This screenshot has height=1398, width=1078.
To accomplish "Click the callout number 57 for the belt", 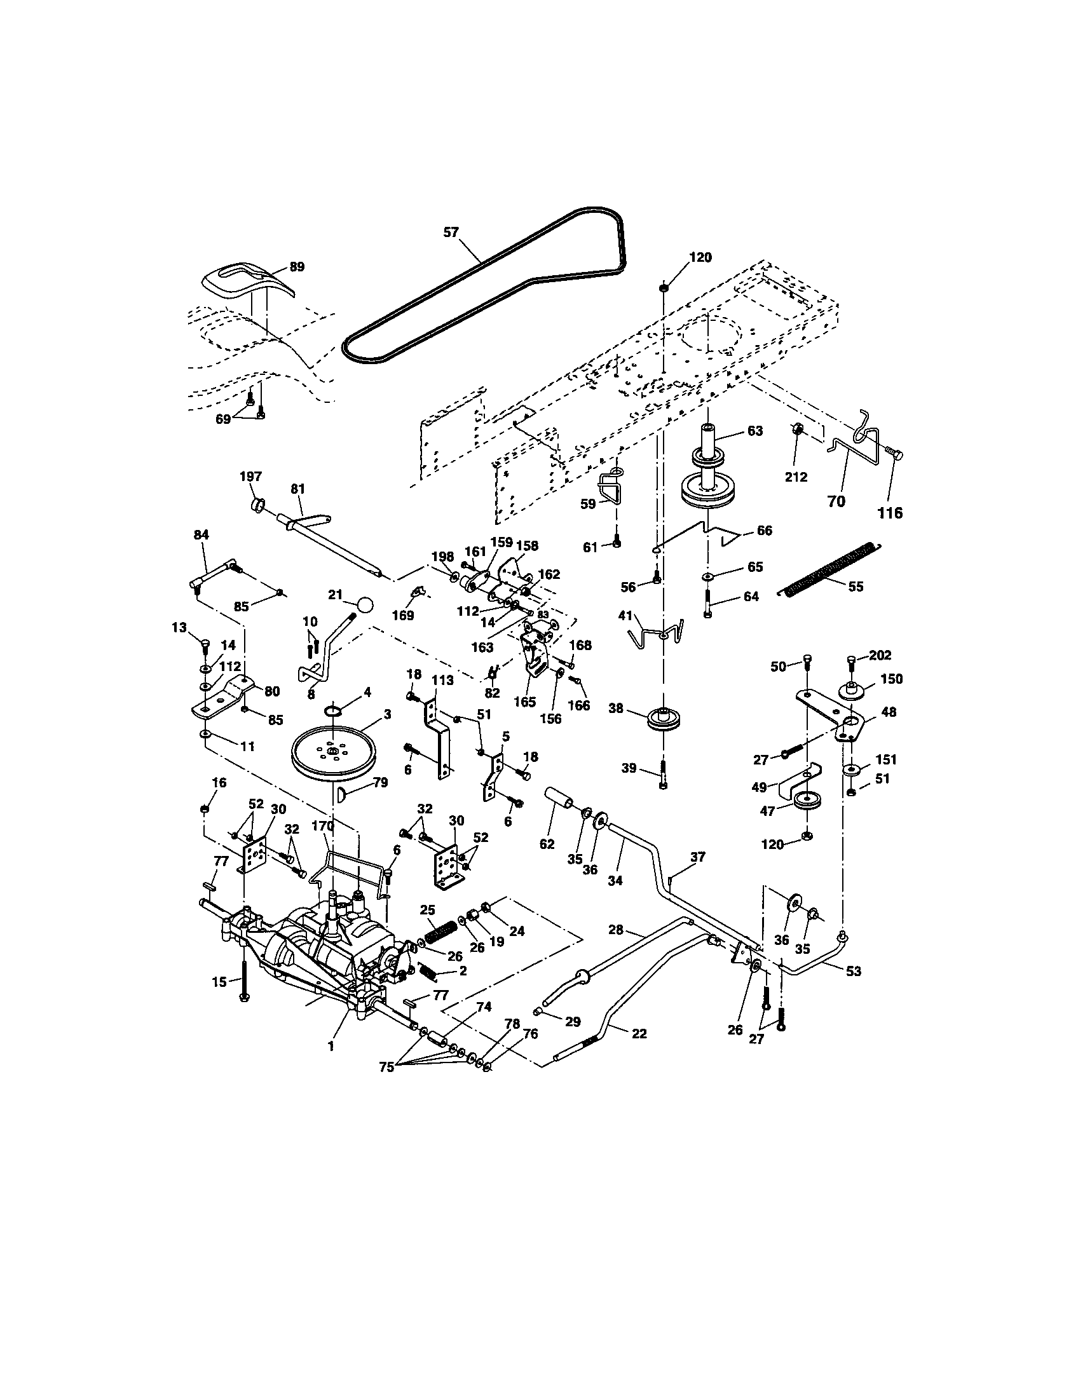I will coord(451,233).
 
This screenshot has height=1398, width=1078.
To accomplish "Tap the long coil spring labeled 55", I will coord(831,567).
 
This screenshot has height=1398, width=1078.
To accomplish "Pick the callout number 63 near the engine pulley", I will coord(755,431).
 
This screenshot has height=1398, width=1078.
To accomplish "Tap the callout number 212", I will coord(796,477).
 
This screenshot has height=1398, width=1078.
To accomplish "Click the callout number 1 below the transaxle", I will coord(331,1046).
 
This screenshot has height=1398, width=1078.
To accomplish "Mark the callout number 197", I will coord(250,476).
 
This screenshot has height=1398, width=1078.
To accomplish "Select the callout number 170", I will coord(324,825).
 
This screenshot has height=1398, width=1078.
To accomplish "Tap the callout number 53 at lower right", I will coord(853,971).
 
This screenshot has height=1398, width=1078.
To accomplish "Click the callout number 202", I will coord(880,656).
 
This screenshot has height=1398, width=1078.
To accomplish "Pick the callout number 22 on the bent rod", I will coord(639,1033).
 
